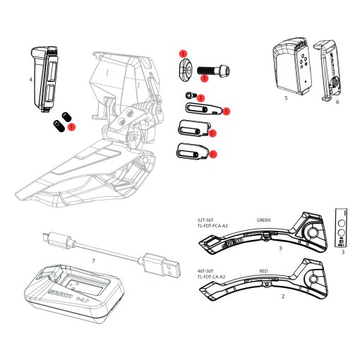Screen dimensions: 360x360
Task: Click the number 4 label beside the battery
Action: [x=31, y=80]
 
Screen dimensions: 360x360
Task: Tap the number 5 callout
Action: [x=285, y=99]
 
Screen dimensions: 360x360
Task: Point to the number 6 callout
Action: [x=337, y=102]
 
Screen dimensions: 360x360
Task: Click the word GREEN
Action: [x=264, y=220]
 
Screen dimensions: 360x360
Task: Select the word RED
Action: [x=264, y=270]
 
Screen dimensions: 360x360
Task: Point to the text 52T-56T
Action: [x=207, y=220]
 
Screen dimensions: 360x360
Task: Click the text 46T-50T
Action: [x=207, y=270]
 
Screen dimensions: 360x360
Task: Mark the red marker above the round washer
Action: [x=183, y=54]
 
